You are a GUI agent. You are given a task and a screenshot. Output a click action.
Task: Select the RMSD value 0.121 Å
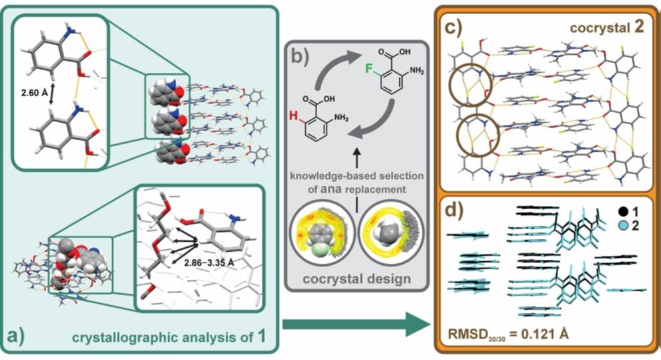pyautogui.click(x=520, y=332)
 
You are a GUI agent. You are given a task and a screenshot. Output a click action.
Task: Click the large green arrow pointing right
pyautogui.click(x=354, y=326)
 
